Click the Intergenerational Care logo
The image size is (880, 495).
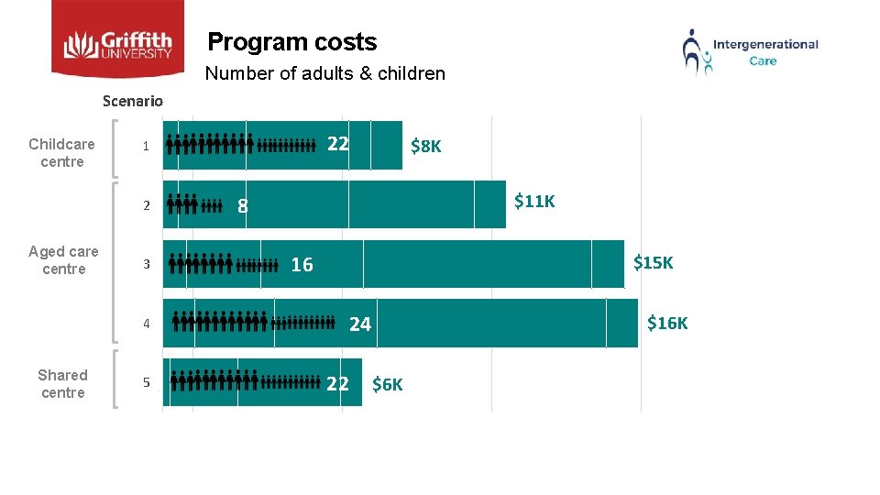tap(750, 51)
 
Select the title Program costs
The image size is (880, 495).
tap(292, 42)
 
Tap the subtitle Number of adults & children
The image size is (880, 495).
tap(325, 73)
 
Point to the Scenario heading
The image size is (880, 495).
tap(133, 101)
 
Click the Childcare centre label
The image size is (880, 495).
tap(62, 153)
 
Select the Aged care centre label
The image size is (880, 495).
tap(63, 260)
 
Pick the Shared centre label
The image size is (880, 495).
tap(62, 384)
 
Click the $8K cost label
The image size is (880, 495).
tap(425, 146)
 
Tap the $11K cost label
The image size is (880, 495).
tap(534, 201)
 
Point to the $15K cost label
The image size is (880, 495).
tap(654, 263)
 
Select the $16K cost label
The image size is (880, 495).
tap(667, 323)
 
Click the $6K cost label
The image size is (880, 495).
tap(387, 384)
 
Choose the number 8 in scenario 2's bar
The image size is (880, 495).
tap(242, 206)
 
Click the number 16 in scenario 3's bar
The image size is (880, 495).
tap(302, 265)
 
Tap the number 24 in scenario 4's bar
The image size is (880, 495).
tap(360, 324)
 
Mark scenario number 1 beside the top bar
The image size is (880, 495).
tap(145, 146)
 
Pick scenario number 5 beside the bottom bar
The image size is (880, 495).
tap(145, 382)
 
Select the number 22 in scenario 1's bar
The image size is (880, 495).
tap(338, 143)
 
